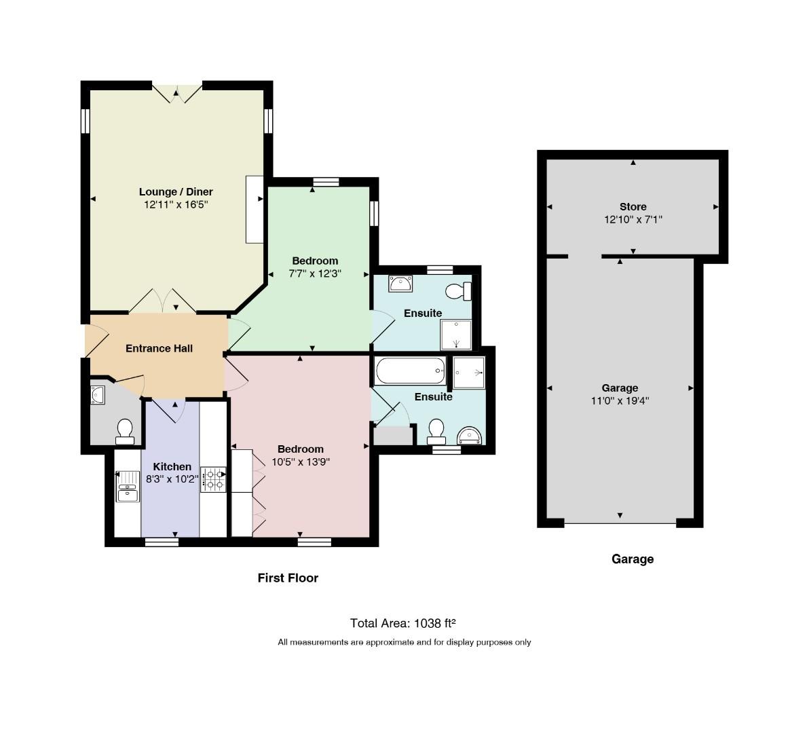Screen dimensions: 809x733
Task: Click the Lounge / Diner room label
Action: point(176,192)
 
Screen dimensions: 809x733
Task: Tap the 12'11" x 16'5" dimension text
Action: point(176,205)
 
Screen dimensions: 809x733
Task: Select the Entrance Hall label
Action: point(159,348)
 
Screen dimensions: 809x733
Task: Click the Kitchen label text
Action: point(172,466)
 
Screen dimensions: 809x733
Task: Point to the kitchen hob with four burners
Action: point(213,479)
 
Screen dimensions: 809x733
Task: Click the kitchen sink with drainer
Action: point(128,486)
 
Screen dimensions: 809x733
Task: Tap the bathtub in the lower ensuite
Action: point(411,371)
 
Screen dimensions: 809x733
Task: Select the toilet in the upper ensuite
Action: point(458,291)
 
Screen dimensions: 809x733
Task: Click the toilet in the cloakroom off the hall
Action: point(125,432)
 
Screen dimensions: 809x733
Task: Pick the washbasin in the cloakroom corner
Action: point(98,395)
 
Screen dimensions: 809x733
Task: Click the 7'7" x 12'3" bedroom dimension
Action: point(315,274)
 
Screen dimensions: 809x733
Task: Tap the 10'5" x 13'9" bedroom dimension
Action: point(301,462)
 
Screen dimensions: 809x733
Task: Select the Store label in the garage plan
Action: point(633,206)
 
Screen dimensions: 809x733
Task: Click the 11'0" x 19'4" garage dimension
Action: point(620,400)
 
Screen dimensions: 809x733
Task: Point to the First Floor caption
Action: point(288,578)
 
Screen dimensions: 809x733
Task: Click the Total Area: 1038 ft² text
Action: point(403,623)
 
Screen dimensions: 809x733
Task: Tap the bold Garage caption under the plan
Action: point(633,559)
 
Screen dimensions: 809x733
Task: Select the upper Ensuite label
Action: point(423,313)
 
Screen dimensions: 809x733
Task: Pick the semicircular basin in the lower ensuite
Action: point(470,436)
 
